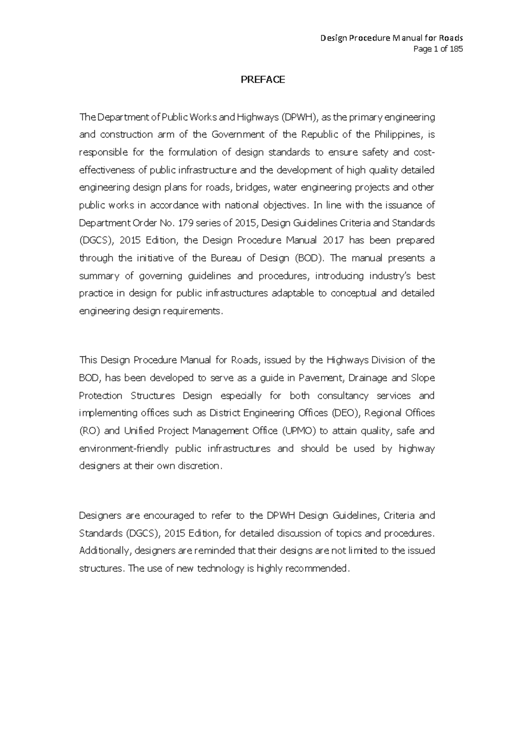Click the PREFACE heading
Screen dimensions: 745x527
click(x=263, y=80)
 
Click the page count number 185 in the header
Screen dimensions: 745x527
click(x=456, y=49)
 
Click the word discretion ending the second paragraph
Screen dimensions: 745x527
click(x=198, y=466)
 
